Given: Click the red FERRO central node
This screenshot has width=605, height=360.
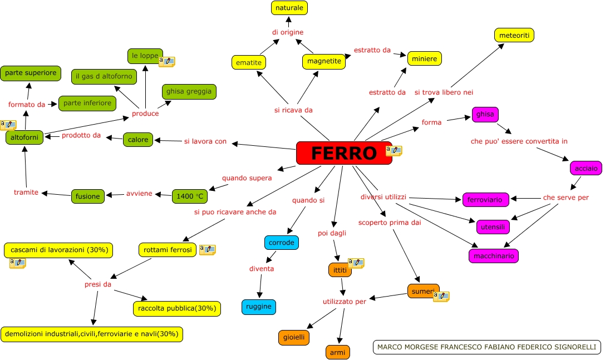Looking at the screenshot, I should click(343, 153).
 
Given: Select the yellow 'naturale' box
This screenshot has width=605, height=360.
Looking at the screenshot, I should click(289, 8).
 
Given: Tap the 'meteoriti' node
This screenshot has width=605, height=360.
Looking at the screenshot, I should click(514, 35).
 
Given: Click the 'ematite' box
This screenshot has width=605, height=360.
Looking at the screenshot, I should click(248, 62).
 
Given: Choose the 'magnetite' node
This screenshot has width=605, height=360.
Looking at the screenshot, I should click(323, 61).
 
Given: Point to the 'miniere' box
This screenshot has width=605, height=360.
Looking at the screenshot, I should click(425, 58).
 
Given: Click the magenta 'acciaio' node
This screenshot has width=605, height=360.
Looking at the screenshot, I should click(586, 167).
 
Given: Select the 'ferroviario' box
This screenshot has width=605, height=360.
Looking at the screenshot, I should click(484, 199).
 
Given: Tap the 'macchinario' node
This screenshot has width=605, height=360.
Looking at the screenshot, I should click(494, 256).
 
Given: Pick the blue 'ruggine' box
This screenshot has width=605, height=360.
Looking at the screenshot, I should click(259, 307).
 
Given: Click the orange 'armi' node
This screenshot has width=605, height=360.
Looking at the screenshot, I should click(337, 352).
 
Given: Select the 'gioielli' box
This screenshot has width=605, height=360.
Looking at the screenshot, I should click(293, 337).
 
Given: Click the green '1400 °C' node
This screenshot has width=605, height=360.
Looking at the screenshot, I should click(189, 196).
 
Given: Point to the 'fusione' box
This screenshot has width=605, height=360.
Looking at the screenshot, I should click(87, 196).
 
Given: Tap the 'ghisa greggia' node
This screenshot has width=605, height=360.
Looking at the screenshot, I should click(189, 91).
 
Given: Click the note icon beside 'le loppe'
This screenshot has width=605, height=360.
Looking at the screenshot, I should click(167, 61).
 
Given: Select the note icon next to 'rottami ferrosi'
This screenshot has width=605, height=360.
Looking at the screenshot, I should click(208, 250).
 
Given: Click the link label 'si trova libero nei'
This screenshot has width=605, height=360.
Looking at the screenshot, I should click(444, 92).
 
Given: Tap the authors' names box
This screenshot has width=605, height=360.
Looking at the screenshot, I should click(486, 347).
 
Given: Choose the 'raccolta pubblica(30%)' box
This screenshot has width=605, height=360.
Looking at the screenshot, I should click(177, 308).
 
